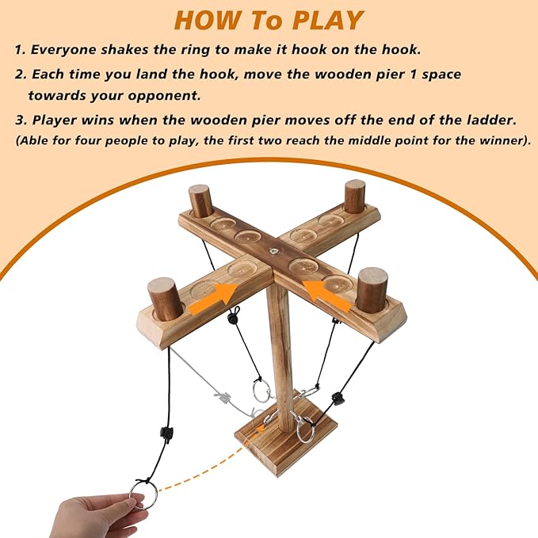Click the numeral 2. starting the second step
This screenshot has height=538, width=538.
(x=21, y=74)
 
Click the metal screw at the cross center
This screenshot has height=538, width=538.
(x=273, y=251)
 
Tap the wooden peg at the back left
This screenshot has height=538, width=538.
(x=200, y=200)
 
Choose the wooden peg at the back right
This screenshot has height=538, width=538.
(x=354, y=197)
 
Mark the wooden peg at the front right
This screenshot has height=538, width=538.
(x=372, y=289)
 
